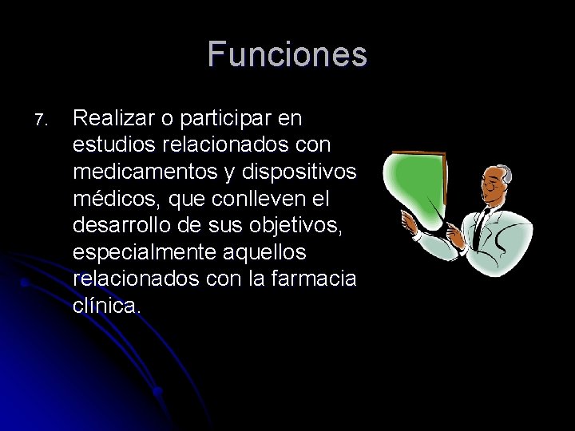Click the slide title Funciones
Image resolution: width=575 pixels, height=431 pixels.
click(287, 55)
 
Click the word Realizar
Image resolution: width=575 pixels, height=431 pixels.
click(109, 119)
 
